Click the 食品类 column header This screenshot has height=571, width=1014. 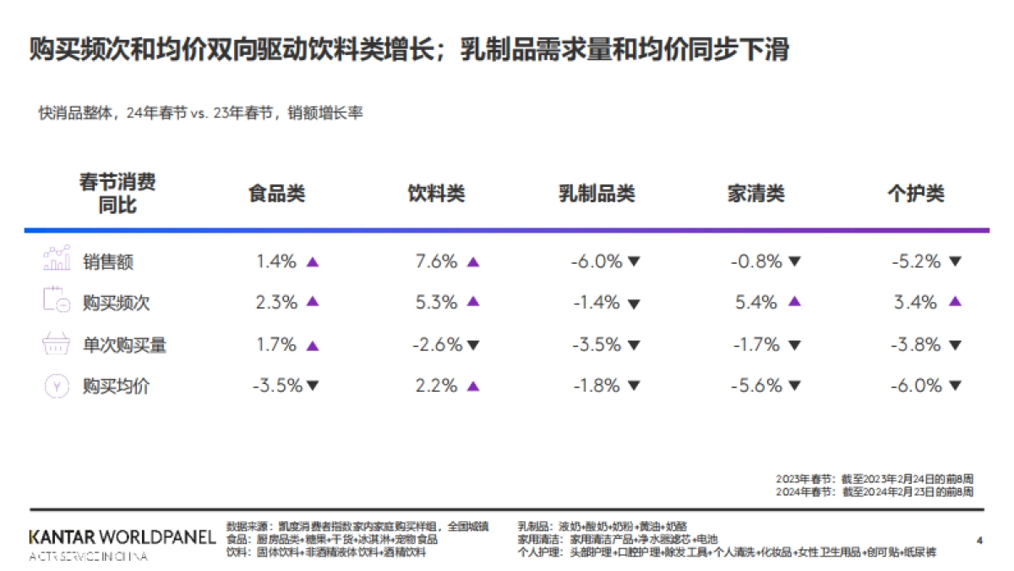click(x=276, y=194)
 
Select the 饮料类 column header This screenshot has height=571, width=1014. click(x=436, y=194)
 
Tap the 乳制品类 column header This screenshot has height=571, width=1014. click(x=597, y=194)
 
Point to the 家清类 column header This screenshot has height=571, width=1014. click(x=756, y=194)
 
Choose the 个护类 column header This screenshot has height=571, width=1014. click(x=916, y=194)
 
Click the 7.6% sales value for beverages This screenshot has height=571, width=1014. click(x=436, y=261)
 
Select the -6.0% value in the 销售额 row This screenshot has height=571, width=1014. click(x=596, y=261)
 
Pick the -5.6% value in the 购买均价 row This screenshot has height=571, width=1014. click(x=755, y=386)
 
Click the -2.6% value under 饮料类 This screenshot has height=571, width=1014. click(x=437, y=344)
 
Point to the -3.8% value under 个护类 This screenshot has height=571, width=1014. click(x=915, y=344)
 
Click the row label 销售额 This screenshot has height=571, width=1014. click(x=108, y=261)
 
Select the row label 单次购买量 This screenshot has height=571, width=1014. click(x=124, y=344)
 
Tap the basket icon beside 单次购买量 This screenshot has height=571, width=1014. click(x=56, y=344)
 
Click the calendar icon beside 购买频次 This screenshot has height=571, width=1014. click(x=56, y=302)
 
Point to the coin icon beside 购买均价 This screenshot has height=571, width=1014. click(x=56, y=386)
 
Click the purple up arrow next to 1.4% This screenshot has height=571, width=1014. click(x=313, y=262)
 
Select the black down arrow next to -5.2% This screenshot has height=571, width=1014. click(x=955, y=262)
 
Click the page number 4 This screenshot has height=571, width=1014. click(x=979, y=539)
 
